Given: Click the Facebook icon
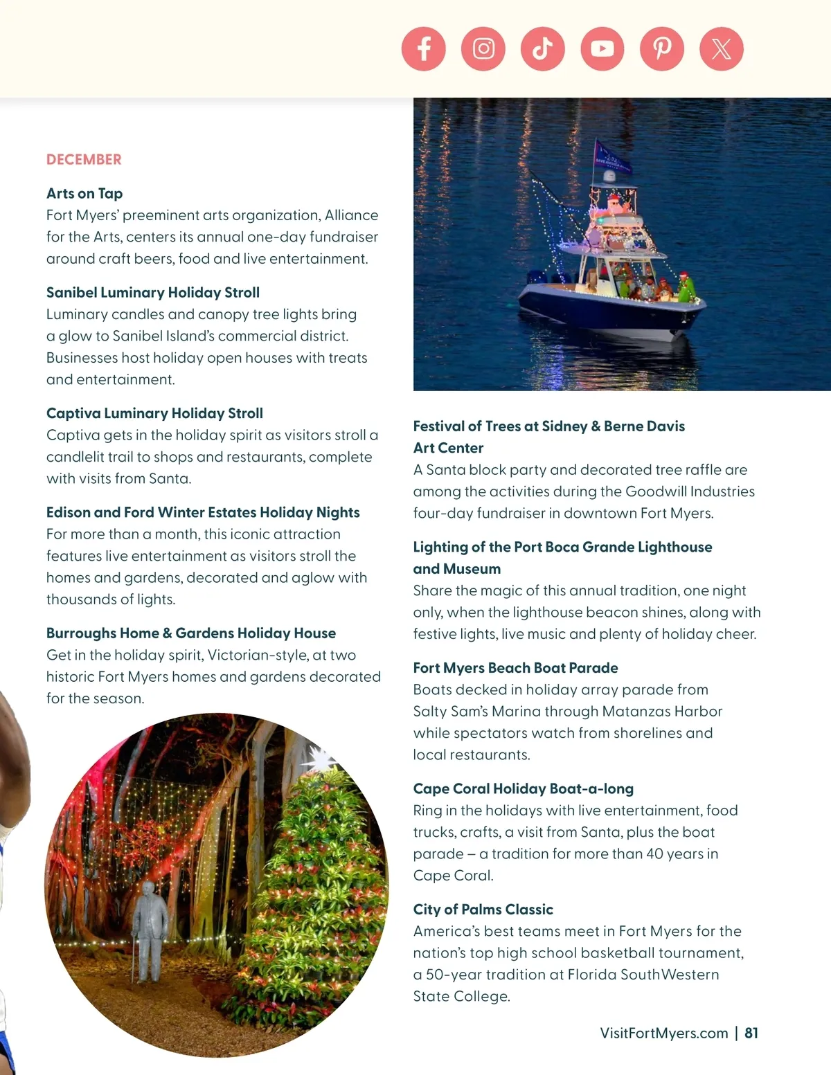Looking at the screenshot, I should pos(423,48).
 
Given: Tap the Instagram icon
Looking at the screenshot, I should pos(483,48).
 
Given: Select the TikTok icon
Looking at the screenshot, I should pos(543,48).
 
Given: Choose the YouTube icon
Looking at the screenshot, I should pos(602,48).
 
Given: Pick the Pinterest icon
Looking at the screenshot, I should pos(662,48).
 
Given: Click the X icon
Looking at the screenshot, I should pos(722,48).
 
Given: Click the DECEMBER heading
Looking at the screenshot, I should pos(84,160).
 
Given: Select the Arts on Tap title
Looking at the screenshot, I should pos(84,194).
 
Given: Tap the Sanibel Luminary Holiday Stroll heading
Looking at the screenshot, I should pos(153,293).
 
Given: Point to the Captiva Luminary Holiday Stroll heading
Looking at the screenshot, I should pos(154,413).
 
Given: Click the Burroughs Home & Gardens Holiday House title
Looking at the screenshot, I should pos(191,633).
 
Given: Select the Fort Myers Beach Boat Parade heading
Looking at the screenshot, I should pos(515,668).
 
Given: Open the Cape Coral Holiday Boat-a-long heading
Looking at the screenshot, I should pos(523,789).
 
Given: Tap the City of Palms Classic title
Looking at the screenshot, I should pos(483,910).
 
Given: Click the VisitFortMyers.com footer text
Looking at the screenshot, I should pos(663,1033).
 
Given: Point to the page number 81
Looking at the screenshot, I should pos(751,1033).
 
